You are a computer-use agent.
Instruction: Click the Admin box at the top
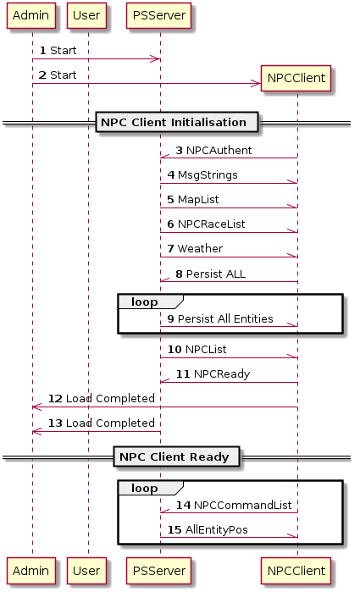31,15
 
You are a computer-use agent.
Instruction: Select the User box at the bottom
86,571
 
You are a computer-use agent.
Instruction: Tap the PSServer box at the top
158,15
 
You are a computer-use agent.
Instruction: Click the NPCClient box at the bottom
296,571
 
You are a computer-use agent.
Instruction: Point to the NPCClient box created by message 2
296,78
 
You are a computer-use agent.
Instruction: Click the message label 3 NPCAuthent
213,150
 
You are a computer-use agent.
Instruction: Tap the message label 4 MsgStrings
202,175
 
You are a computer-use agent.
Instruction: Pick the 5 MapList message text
193,199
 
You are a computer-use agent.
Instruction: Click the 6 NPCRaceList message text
206,224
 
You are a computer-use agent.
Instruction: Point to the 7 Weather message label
195,248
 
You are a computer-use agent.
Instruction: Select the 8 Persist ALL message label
210,274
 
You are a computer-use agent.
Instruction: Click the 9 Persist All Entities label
220,318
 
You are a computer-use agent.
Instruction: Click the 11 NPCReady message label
213,374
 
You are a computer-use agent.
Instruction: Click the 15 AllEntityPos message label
208,529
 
